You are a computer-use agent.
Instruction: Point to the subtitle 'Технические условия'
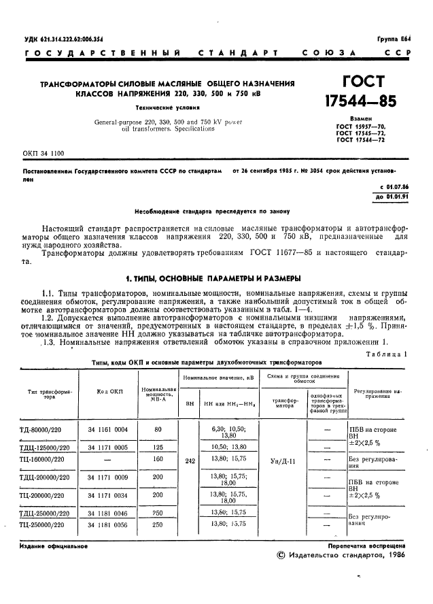167,107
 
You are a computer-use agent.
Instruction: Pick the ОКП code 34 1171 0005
111,446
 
